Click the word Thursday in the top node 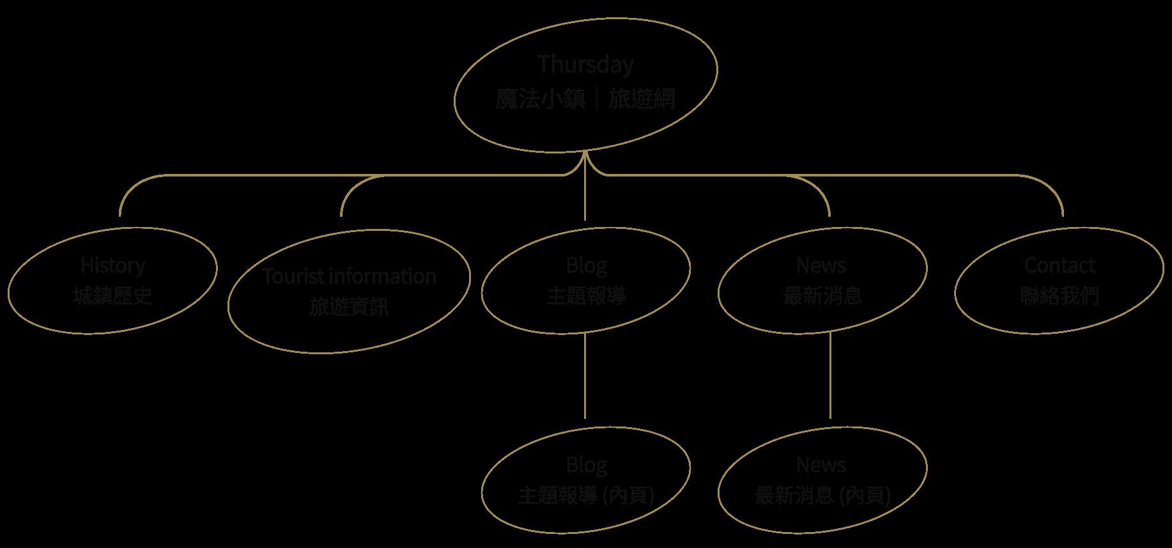(x=585, y=65)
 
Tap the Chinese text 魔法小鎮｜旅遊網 (x=585, y=100)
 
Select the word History (x=113, y=265)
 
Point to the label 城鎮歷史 (x=113, y=295)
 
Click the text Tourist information (x=350, y=276)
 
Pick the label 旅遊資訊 (x=350, y=307)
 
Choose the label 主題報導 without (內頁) (x=586, y=295)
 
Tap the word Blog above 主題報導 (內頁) (x=586, y=464)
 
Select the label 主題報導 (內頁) (x=586, y=496)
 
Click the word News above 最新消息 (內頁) (x=821, y=464)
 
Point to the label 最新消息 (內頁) (x=822, y=496)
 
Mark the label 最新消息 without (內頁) (x=822, y=295)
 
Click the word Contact (x=1060, y=265)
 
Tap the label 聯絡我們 (x=1060, y=295)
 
